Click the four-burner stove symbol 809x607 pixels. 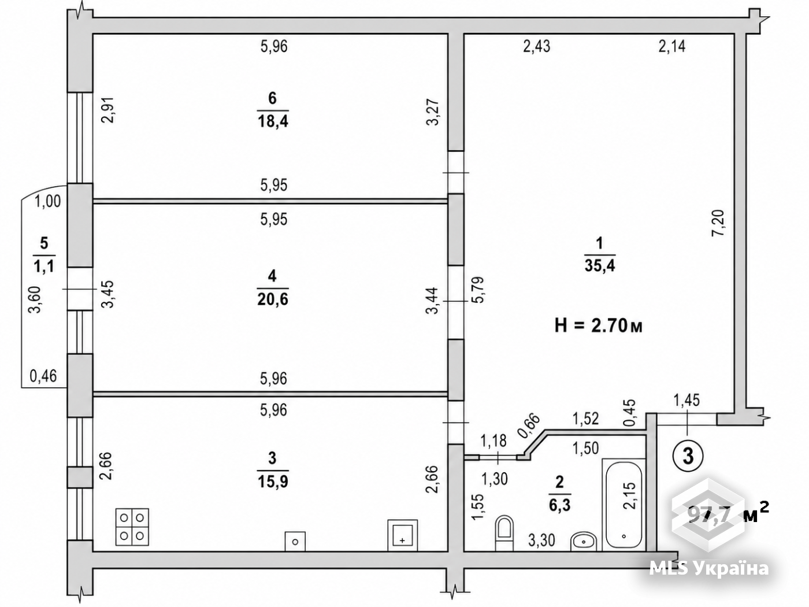[x=132, y=527]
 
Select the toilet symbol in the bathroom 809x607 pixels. [x=504, y=533]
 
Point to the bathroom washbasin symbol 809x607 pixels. [x=584, y=541]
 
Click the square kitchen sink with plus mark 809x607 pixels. [x=402, y=535]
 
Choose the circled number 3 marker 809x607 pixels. [x=688, y=456]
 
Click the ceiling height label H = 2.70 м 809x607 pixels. [x=598, y=326]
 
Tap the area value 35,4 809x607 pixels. [x=600, y=265]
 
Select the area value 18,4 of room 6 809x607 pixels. [x=273, y=121]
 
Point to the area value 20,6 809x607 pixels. [x=273, y=299]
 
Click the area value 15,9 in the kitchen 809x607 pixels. [x=273, y=482]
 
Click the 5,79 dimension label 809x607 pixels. [x=478, y=290]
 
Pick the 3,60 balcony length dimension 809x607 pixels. [x=35, y=299]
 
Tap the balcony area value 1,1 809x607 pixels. [x=44, y=265]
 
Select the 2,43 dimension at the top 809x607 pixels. [x=537, y=47]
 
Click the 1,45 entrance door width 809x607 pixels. [x=686, y=400]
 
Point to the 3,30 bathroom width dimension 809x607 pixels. [x=542, y=541]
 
